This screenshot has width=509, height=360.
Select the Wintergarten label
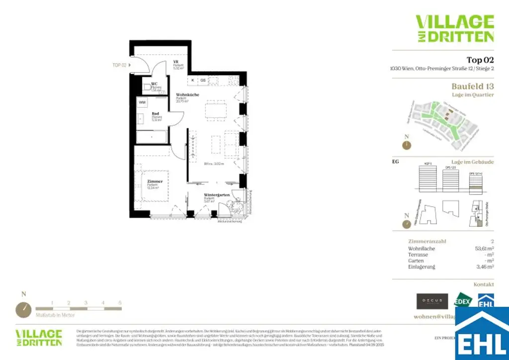pos(216,195)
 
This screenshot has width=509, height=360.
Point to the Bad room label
pos(155,113)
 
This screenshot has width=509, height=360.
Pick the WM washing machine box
pos(142,102)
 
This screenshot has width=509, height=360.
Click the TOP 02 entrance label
pos(120,65)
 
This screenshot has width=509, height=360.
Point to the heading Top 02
pos(480,60)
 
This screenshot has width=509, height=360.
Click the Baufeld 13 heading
pos(472,87)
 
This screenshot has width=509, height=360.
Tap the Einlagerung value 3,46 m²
pos(484,267)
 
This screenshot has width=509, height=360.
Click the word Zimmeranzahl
pos(426,241)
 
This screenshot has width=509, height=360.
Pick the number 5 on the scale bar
pos(120,302)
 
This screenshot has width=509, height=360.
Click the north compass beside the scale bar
pos(23,309)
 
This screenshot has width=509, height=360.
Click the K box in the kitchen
pos(192,80)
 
